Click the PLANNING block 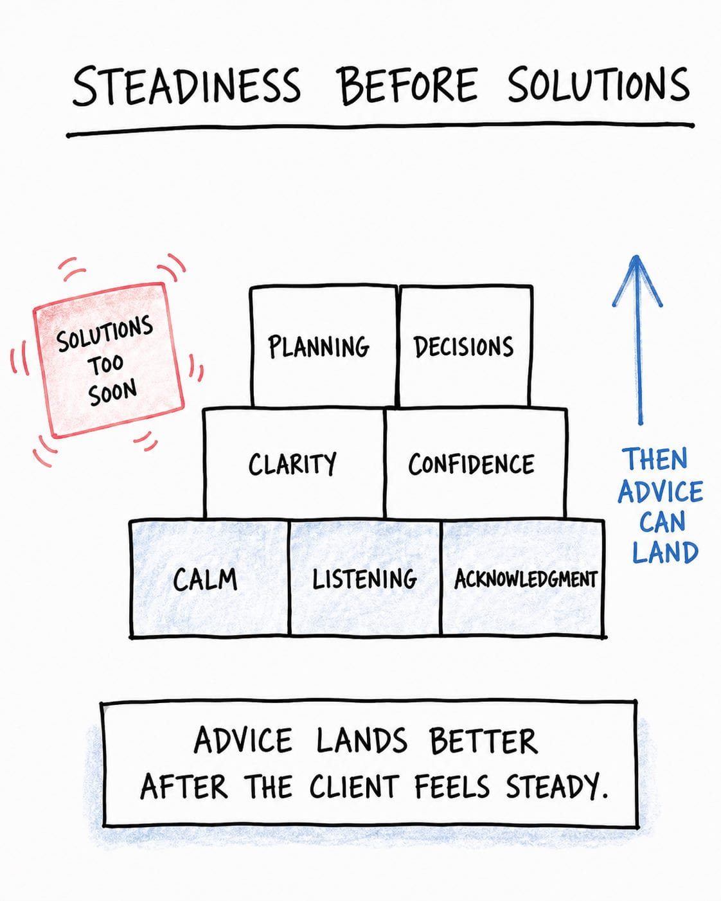pos(323,346)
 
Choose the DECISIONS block pos(466,346)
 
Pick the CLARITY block pos(294,463)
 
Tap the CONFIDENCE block pos(476,463)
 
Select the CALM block pos(209,579)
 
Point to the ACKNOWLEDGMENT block pos(523,579)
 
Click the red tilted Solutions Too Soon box pos(109,360)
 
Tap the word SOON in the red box pos(112,392)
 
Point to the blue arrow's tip pos(636,256)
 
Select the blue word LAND pos(664,552)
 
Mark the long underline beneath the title pos(380,129)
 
